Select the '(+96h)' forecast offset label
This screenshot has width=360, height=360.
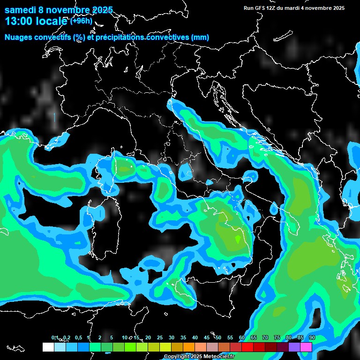tap(82, 21)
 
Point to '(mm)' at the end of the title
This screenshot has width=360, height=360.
tap(200, 37)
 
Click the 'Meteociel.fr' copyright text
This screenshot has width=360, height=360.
tap(220, 357)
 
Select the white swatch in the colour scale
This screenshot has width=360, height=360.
tap(48, 347)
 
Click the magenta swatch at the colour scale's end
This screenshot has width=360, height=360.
tap(306, 347)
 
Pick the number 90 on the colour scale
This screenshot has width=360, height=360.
tap(312, 337)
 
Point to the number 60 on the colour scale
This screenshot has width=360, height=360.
tap(242, 337)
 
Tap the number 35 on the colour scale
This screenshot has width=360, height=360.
tap(183, 337)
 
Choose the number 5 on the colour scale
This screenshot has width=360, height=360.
tap(112, 337)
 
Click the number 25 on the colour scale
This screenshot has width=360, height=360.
tap(160, 337)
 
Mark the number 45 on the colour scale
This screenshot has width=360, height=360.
tap(207, 337)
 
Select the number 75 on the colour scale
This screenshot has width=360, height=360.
tap(277, 337)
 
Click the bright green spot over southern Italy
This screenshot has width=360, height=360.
tap(238, 239)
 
